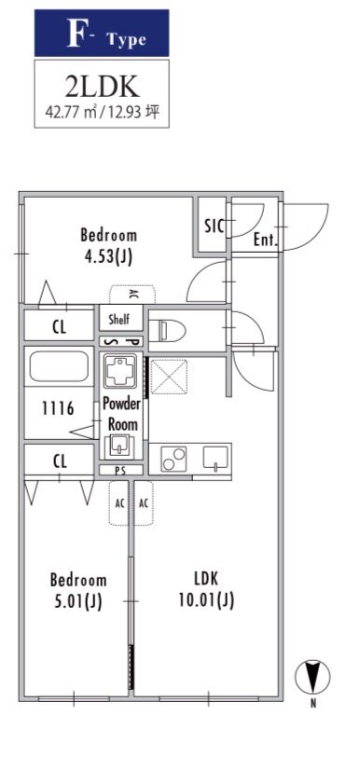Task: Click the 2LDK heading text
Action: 103,87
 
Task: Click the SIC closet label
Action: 215,227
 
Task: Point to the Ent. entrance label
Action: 266,241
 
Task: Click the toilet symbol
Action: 167,331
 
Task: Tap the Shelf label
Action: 118,320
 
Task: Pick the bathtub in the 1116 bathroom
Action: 59,366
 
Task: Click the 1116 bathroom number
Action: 58,407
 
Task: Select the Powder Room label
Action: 122,414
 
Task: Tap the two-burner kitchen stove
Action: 173,459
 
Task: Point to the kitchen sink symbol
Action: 215,458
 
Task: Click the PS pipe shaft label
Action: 120,471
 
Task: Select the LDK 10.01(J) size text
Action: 206,589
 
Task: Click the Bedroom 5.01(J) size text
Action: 78,590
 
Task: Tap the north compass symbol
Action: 312,677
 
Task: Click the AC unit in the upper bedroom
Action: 132,295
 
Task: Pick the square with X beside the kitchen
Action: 169,377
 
